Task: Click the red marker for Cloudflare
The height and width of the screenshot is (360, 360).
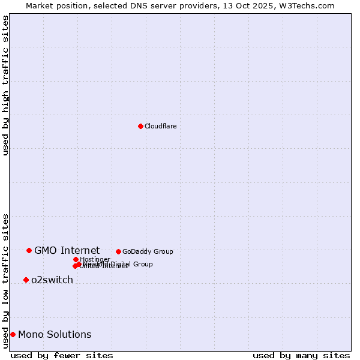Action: click(140, 126)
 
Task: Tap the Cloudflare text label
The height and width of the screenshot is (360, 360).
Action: click(160, 126)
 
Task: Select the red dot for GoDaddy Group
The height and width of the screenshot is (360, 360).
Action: click(118, 251)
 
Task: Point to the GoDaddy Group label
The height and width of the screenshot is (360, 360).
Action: click(148, 251)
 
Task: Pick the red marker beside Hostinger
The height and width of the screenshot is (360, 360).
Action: click(76, 259)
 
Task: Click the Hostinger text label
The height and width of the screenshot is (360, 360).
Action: click(95, 259)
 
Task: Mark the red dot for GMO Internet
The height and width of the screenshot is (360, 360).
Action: click(29, 250)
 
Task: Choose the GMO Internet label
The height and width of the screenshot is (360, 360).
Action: click(67, 250)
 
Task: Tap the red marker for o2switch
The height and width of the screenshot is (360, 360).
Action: click(26, 280)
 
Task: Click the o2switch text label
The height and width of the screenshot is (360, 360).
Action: click(52, 280)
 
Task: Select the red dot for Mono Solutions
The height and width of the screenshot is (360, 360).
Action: click(13, 334)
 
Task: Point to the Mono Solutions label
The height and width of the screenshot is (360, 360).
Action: click(55, 334)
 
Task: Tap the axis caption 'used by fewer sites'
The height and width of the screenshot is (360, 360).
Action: click(62, 355)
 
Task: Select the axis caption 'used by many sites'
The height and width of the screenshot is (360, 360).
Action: click(301, 355)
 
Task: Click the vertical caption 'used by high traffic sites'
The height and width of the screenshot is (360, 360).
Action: click(5, 85)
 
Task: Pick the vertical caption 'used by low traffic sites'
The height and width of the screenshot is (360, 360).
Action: click(5, 280)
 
